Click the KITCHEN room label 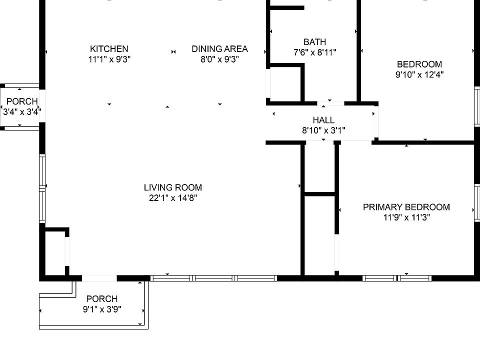pos(109,49)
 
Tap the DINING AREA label pos(219,49)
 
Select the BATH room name pos(314,42)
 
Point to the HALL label pos(323,120)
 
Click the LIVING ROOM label pos(173,187)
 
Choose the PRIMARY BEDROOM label pos(406,207)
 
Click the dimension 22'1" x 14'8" pos(173,198)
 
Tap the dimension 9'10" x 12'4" pos(419,74)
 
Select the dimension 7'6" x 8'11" pos(314,52)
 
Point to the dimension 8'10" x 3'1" pos(323,130)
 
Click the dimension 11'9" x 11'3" pos(406,217)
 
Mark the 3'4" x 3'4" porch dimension pos(22,112)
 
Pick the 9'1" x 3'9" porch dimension pos(102,309)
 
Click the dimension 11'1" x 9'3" pos(109,59)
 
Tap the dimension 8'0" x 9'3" pos(219,59)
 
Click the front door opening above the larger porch pos(99,278)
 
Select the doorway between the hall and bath pos(330,103)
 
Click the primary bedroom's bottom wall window pos(397,278)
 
